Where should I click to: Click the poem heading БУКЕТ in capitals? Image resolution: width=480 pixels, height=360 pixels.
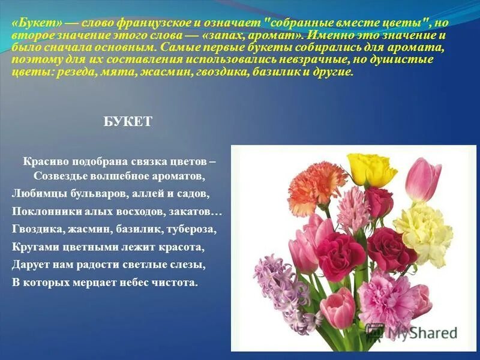[x=128, y=122]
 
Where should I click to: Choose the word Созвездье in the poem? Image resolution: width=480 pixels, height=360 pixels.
[x=59, y=176]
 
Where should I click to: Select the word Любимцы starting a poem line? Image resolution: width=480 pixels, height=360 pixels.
[x=34, y=194]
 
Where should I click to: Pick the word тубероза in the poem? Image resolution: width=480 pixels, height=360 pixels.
[x=191, y=229]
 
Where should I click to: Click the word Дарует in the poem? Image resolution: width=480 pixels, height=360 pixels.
[x=29, y=264]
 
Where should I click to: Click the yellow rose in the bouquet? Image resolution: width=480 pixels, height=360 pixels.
[x=371, y=169]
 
